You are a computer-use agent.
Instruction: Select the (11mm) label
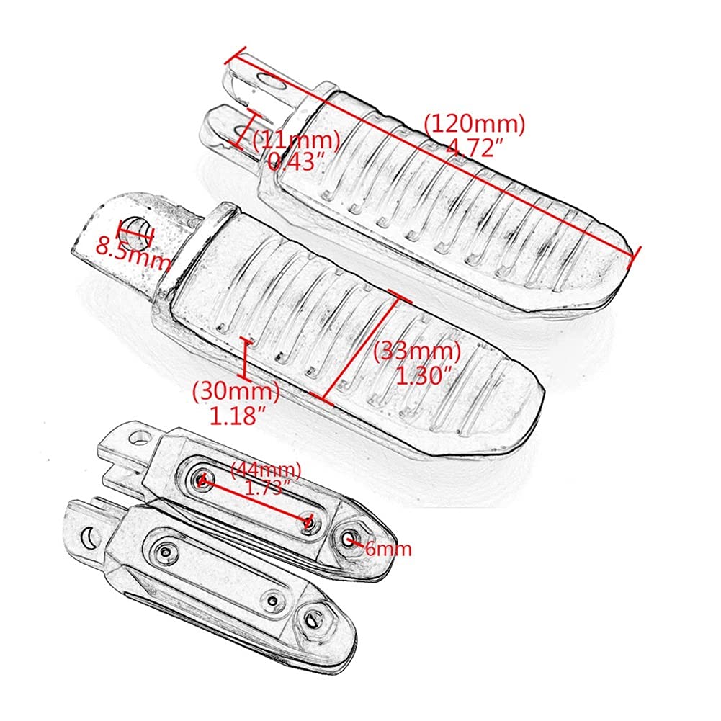(297, 140)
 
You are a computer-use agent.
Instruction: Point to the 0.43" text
(297, 161)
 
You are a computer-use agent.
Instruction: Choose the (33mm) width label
(416, 352)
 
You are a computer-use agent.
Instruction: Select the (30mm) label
(236, 393)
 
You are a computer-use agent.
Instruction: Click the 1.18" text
(239, 416)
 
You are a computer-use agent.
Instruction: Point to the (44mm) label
(266, 470)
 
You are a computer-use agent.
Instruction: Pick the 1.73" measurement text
(267, 488)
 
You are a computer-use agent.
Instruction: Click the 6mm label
(388, 549)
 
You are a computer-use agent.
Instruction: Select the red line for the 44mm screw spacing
(256, 501)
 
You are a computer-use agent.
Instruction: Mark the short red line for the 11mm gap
(245, 129)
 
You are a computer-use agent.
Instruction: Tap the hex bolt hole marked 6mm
(351, 539)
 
